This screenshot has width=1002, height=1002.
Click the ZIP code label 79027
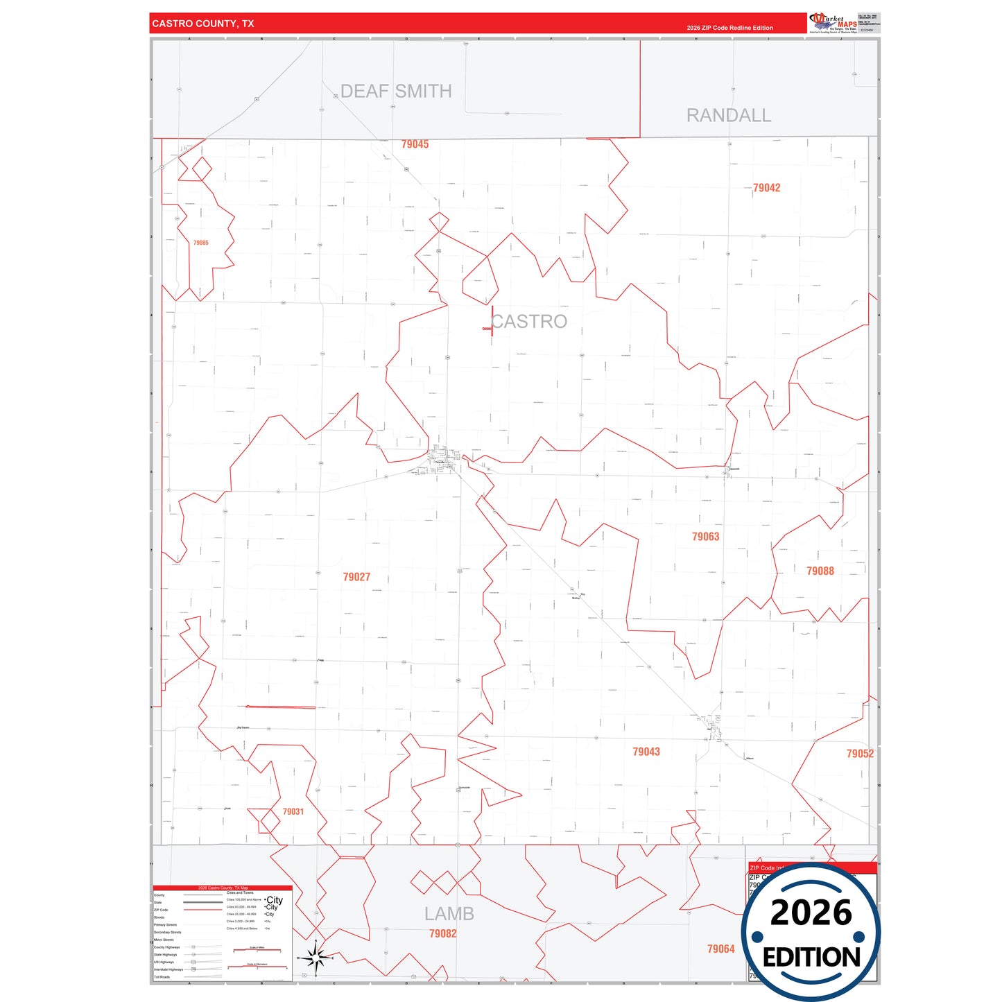(356, 577)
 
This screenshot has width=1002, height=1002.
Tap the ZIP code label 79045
(415, 144)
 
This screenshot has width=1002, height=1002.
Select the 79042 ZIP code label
(766, 188)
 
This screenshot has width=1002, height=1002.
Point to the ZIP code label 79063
(705, 537)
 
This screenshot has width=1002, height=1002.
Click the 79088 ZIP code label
(820, 571)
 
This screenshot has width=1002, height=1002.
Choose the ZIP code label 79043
(646, 752)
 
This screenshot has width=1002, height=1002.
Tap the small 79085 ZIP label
(200, 243)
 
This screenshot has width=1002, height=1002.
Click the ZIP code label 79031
(293, 811)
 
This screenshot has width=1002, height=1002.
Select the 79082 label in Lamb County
(442, 934)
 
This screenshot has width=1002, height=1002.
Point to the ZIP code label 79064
(720, 949)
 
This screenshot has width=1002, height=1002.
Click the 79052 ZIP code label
(859, 754)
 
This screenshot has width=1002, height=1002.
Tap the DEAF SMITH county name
(396, 91)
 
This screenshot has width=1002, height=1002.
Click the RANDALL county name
(728, 115)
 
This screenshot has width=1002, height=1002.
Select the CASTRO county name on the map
(529, 321)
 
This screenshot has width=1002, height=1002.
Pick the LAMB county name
(449, 914)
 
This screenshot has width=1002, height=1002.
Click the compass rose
(316, 959)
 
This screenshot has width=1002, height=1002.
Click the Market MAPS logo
(833, 23)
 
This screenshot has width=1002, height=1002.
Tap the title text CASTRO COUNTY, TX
(203, 24)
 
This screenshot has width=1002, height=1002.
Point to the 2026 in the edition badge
(811, 913)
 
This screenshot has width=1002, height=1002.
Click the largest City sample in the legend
(275, 900)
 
